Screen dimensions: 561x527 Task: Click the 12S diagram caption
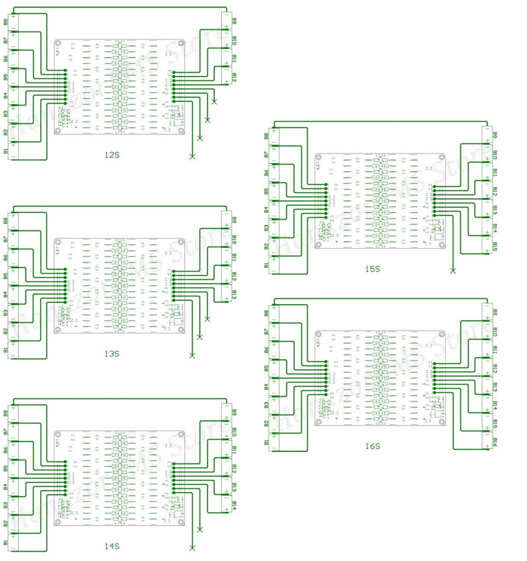[x=112, y=155]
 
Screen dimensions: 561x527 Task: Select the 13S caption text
[x=112, y=353]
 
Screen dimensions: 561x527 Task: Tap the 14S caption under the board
[x=112, y=546]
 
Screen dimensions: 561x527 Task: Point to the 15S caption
[x=373, y=268]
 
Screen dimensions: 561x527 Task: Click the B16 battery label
[x=496, y=442]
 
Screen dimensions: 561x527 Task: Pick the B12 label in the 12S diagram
[x=234, y=77]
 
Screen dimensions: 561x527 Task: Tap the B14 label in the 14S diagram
[x=234, y=505]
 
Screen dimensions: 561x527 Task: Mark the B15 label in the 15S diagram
[x=496, y=246]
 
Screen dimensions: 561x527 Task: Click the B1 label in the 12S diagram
[x=6, y=151]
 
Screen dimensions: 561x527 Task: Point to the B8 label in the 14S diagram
[x=6, y=413]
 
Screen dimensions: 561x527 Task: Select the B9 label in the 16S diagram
[x=496, y=313]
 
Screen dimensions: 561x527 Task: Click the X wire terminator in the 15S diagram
[x=453, y=271]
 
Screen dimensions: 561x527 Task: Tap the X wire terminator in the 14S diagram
[x=193, y=547]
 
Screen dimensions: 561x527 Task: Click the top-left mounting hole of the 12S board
[x=59, y=44]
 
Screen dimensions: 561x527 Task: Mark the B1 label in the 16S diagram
[x=266, y=443]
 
